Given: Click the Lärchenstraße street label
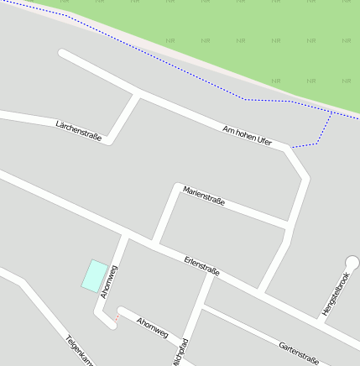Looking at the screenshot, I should pos(78,129).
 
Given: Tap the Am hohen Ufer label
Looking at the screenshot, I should pos(248,135).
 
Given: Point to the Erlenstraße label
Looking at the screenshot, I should pos(201,266).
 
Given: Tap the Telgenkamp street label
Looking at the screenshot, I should pos(81,352).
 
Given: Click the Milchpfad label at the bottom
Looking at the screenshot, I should pos(178,351).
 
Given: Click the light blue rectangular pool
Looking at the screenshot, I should pos(94,274).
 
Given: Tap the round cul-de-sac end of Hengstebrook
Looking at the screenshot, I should pos(352,264).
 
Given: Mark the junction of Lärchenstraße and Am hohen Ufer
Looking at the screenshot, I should pos(137,94).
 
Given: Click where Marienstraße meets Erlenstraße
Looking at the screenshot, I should pos(154,242).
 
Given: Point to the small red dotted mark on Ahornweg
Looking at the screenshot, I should pos(117,317).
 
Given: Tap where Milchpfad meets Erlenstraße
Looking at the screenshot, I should pos(210,275).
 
